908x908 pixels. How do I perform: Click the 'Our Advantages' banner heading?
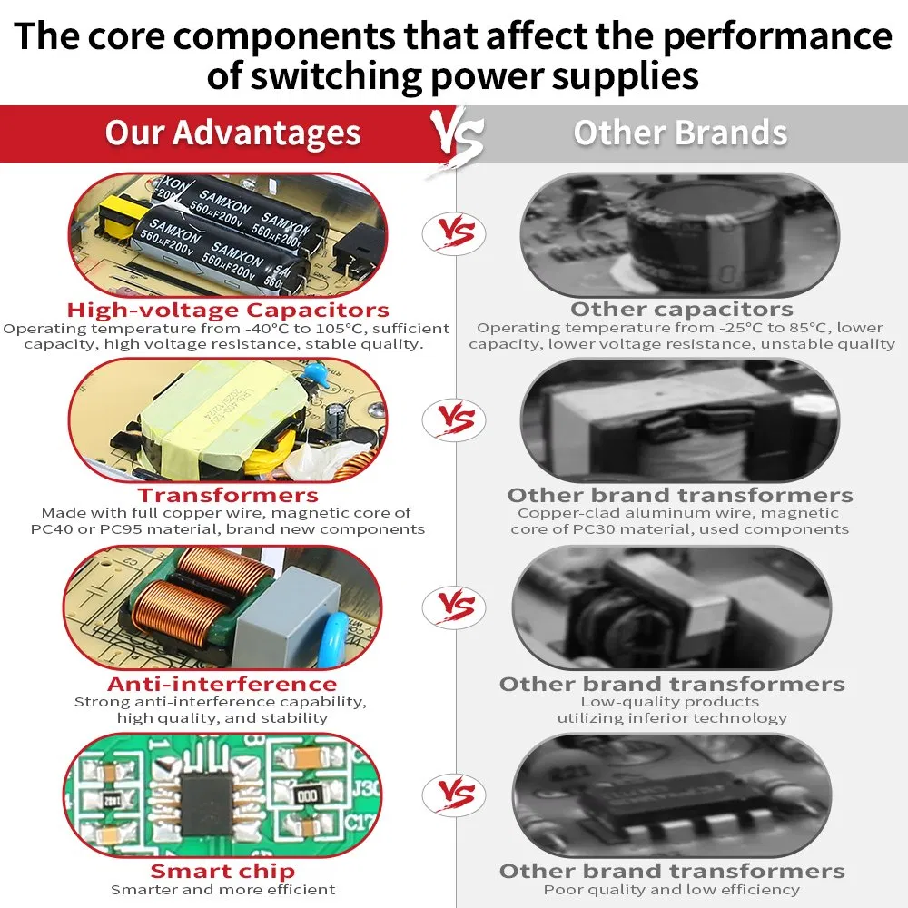click(x=232, y=133)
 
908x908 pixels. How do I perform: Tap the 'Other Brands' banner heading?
click(x=680, y=133)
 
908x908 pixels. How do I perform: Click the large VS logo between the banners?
click(x=457, y=137)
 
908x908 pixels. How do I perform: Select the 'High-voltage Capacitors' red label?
click(x=228, y=310)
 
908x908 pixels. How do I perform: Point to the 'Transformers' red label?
click(x=228, y=495)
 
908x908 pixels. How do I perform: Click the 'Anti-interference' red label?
click(x=222, y=684)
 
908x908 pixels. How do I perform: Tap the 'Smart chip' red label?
click(x=222, y=871)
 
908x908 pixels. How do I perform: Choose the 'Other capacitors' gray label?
click(x=682, y=310)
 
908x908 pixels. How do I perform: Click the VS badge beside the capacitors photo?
click(x=454, y=232)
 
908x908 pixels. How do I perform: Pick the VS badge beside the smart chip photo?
click(x=454, y=794)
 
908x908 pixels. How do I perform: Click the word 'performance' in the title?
click(x=777, y=36)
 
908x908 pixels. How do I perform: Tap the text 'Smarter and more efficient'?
click(x=223, y=890)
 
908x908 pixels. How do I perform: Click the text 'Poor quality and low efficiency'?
click(x=672, y=890)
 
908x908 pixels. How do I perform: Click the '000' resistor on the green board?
click(x=307, y=796)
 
